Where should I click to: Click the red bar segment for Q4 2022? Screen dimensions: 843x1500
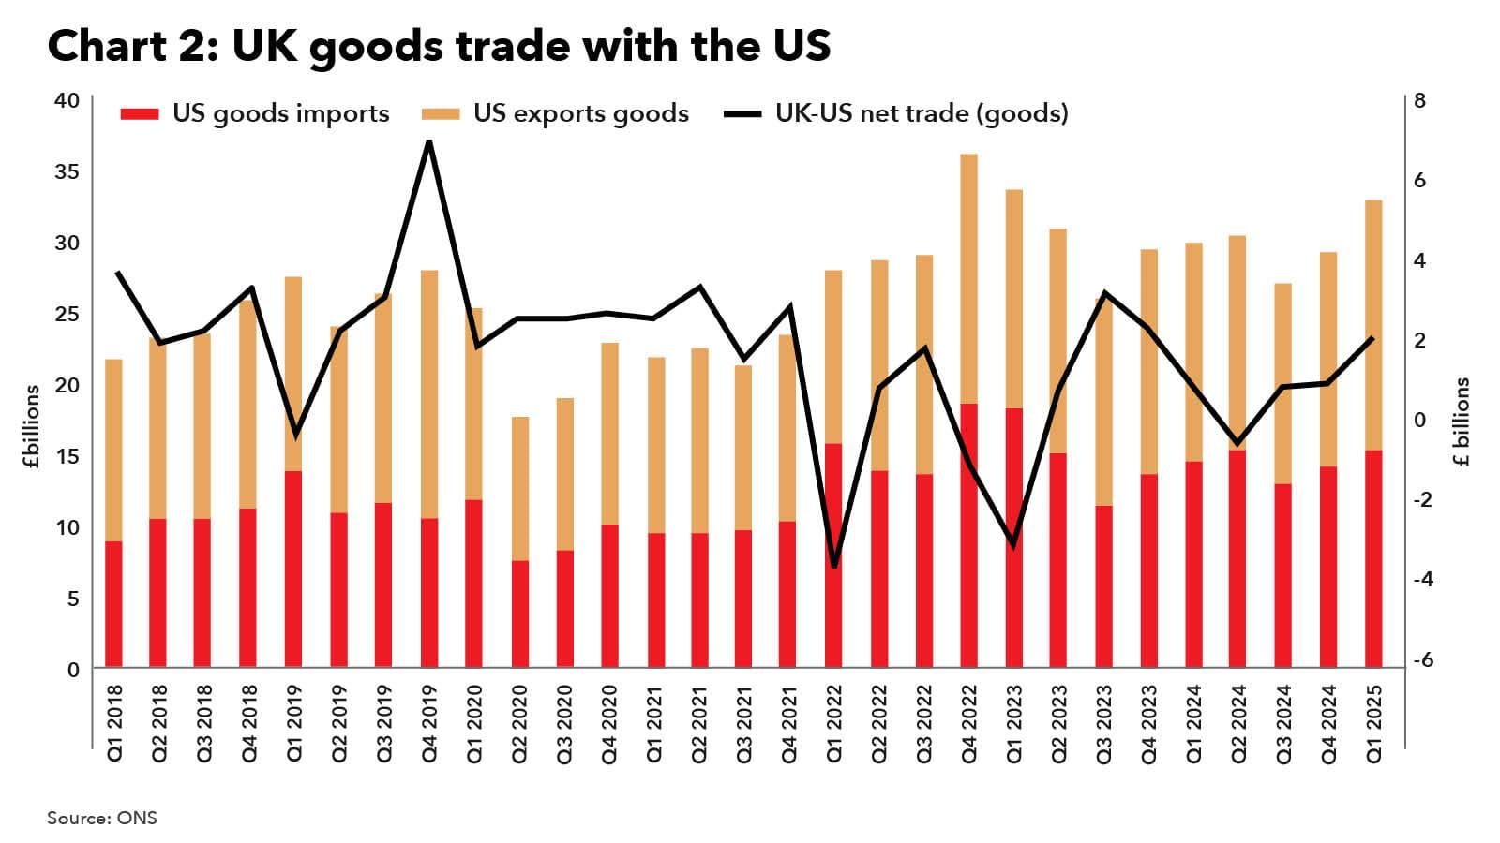pyautogui.click(x=968, y=534)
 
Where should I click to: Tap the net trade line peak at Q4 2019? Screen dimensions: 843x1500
pyautogui.click(x=428, y=141)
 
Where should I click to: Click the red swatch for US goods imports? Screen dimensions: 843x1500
pyautogui.click(x=140, y=114)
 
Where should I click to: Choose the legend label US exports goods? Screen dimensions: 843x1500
pyautogui.click(x=580, y=114)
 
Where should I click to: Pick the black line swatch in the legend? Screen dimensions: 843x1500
pyautogui.click(x=742, y=114)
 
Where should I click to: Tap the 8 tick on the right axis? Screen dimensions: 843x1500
pyautogui.click(x=1419, y=100)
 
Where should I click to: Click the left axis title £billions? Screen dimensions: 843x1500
pyautogui.click(x=33, y=426)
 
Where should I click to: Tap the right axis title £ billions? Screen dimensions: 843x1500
pyautogui.click(x=1462, y=421)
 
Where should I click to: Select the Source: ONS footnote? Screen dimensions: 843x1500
pyautogui.click(x=102, y=818)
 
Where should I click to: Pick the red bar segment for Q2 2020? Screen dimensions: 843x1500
pyautogui.click(x=519, y=614)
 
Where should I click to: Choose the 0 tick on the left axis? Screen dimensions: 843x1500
pyautogui.click(x=73, y=670)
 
